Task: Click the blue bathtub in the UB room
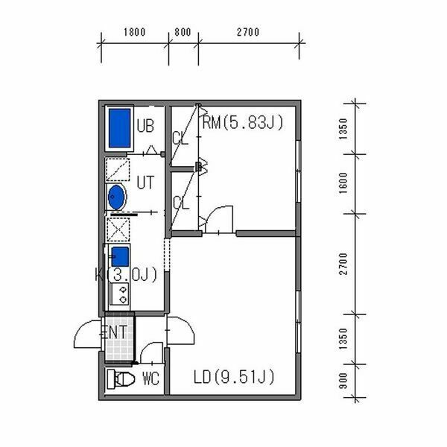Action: click(120, 128)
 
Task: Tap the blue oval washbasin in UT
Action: click(117, 197)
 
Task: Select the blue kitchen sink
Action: click(120, 256)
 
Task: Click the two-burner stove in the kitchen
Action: click(120, 294)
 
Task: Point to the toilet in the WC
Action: click(121, 379)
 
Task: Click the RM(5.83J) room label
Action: click(243, 122)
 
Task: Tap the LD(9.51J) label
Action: click(234, 377)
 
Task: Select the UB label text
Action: click(145, 126)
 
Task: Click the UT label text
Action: click(145, 183)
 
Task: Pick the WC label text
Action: click(150, 378)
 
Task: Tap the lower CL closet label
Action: click(181, 203)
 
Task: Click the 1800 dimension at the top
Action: click(135, 32)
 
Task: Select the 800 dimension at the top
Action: click(183, 32)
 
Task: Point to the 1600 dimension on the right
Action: click(343, 183)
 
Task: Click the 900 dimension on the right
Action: click(343, 381)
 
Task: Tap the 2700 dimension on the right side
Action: click(343, 264)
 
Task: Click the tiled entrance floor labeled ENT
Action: click(119, 338)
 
